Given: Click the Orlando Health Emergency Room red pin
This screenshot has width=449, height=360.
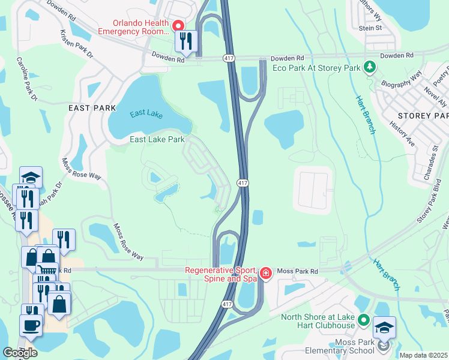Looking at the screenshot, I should (x=178, y=26).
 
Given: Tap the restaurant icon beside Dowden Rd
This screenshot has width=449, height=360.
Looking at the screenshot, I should (x=185, y=41).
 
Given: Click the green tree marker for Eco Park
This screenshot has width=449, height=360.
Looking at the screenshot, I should (x=371, y=67).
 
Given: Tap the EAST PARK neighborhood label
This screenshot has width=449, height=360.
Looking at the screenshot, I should (x=92, y=108).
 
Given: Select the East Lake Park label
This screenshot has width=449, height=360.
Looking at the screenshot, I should (x=157, y=140).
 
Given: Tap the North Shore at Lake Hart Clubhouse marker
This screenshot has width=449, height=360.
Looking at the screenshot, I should (x=363, y=320).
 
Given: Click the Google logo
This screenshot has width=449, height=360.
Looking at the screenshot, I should (x=20, y=352).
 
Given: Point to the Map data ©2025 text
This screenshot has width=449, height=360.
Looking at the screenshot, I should (x=423, y=355).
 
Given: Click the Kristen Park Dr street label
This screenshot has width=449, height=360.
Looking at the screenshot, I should (x=77, y=46).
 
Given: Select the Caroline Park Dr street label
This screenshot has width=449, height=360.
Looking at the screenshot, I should (x=26, y=79).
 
